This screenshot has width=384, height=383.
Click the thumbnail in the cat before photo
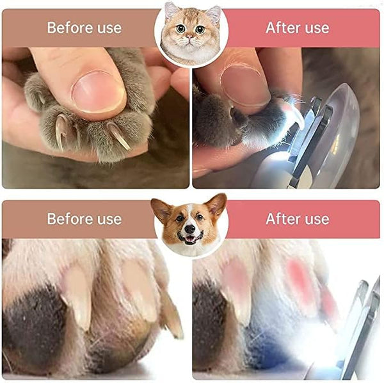tap(97, 91)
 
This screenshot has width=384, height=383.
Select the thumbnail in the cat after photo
tap(245, 85)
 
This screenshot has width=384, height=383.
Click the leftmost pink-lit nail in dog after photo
tap(236, 282)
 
